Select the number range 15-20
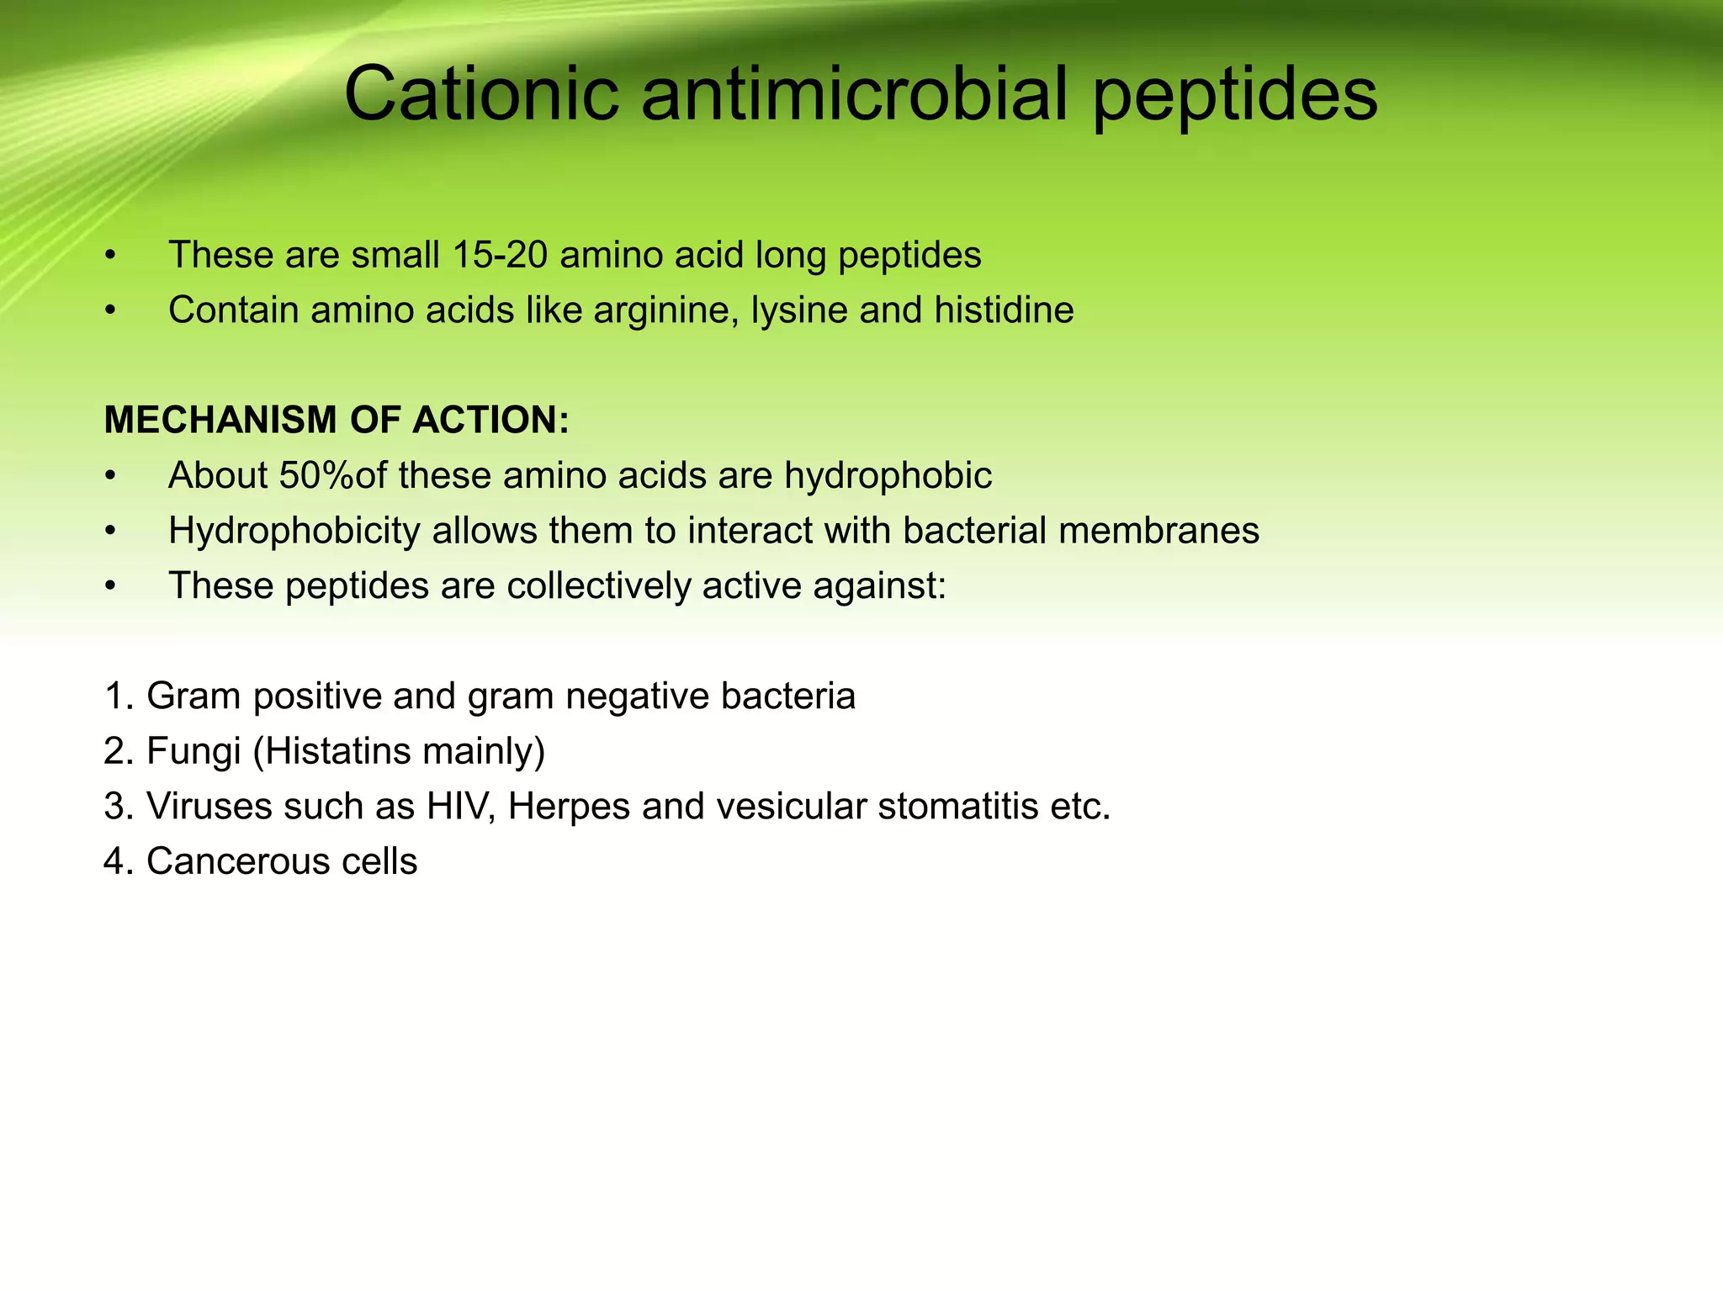[500, 255]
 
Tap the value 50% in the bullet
[316, 475]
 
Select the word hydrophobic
[888, 476]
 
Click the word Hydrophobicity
[294, 531]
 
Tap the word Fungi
[194, 751]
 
